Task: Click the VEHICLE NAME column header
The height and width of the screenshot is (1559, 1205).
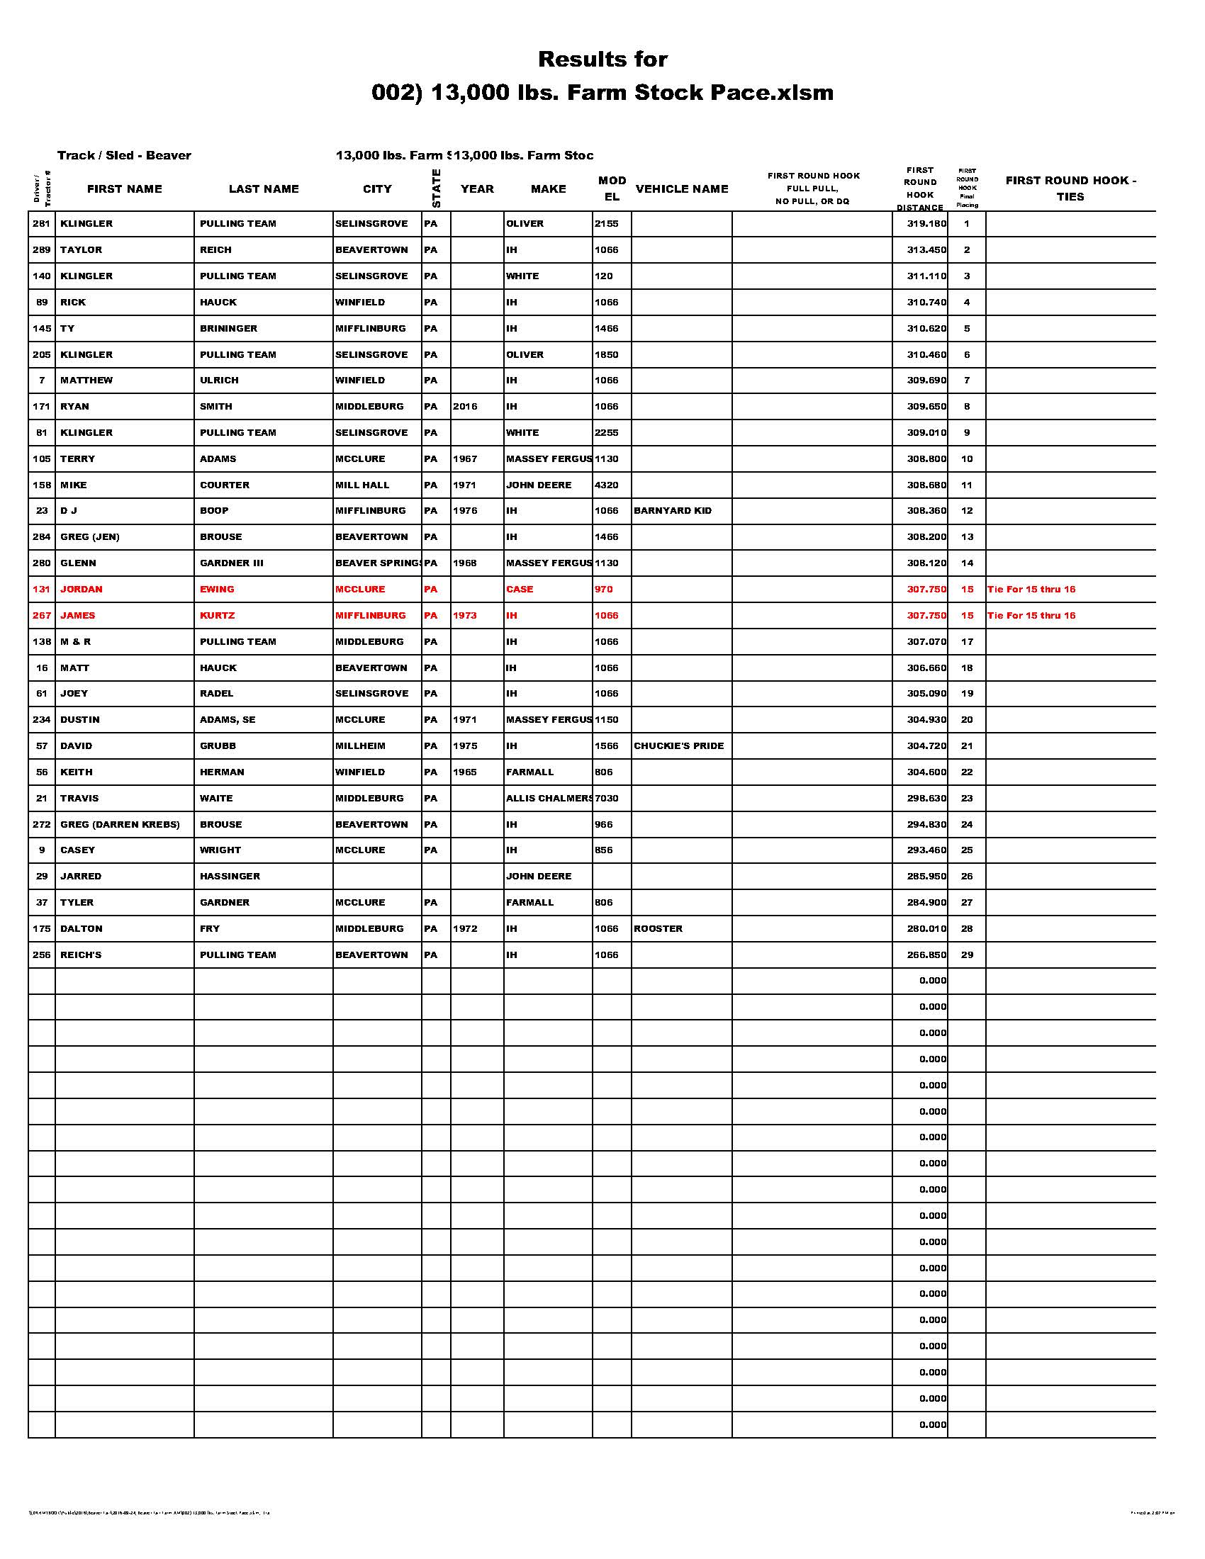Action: [681, 188]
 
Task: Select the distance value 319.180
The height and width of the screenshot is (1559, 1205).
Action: [926, 223]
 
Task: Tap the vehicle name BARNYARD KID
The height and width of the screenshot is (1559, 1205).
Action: [672, 510]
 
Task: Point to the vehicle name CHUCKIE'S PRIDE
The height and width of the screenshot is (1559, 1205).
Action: [678, 745]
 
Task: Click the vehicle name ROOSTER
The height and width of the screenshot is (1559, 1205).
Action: [658, 928]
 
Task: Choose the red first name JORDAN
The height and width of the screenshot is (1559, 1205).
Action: [81, 589]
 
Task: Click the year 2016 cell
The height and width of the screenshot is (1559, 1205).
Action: [465, 406]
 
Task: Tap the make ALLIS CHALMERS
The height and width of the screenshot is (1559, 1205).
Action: [548, 798]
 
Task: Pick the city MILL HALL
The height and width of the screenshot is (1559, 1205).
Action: [362, 485]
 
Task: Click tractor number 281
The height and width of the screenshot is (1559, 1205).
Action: [41, 223]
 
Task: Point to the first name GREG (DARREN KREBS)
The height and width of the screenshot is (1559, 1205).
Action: [119, 823]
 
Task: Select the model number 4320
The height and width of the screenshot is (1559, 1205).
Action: [606, 485]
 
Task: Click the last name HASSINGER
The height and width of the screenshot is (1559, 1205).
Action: [229, 876]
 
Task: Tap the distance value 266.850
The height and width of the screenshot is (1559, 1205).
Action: [926, 955]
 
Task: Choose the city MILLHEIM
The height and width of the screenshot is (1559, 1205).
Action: [360, 745]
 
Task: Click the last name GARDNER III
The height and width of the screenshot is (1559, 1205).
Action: [231, 563]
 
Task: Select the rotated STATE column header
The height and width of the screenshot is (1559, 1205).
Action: [436, 188]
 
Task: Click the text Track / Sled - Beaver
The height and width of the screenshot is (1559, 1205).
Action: [124, 155]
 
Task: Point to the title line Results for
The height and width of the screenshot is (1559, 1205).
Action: [602, 59]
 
